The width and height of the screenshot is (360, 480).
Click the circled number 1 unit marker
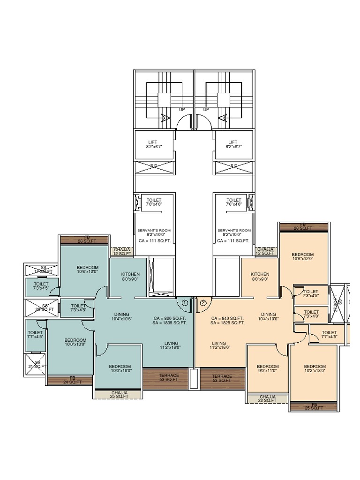coord(185,303)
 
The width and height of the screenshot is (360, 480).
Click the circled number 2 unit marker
coord(203,303)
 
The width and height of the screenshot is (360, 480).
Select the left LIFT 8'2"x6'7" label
coord(153,144)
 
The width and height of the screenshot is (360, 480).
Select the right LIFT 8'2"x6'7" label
coord(233,144)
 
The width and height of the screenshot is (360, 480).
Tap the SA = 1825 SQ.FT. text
coord(227,323)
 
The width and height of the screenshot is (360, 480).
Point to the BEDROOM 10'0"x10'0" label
coord(120,368)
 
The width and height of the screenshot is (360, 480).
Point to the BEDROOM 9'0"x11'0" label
coord(268,368)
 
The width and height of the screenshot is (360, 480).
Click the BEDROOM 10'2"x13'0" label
coord(315,368)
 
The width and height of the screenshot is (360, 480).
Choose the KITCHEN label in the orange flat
coord(260,277)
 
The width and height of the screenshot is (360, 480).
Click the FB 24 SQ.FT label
coord(72,380)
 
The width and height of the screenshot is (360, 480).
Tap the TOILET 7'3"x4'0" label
coord(311,314)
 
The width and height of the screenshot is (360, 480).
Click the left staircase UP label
coord(182,110)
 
